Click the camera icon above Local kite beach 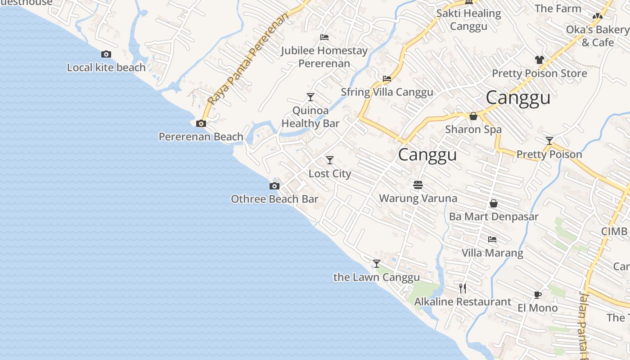[106, 54]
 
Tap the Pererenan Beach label [201, 137]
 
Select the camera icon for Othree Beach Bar [274, 186]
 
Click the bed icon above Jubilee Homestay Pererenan [324, 37]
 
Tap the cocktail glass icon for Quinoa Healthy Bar [310, 97]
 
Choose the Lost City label [329, 174]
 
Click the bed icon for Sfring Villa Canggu [387, 79]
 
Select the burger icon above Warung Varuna [418, 184]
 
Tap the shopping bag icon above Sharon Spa [473, 116]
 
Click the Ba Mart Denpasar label [494, 217]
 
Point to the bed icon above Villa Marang [492, 239]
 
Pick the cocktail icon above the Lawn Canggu [377, 263]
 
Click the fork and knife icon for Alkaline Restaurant [463, 288]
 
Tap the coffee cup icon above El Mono [537, 295]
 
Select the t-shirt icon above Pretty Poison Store [539, 60]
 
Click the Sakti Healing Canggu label [468, 20]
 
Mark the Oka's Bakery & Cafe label [597, 36]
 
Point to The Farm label [558, 9]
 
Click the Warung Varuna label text [418, 198]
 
